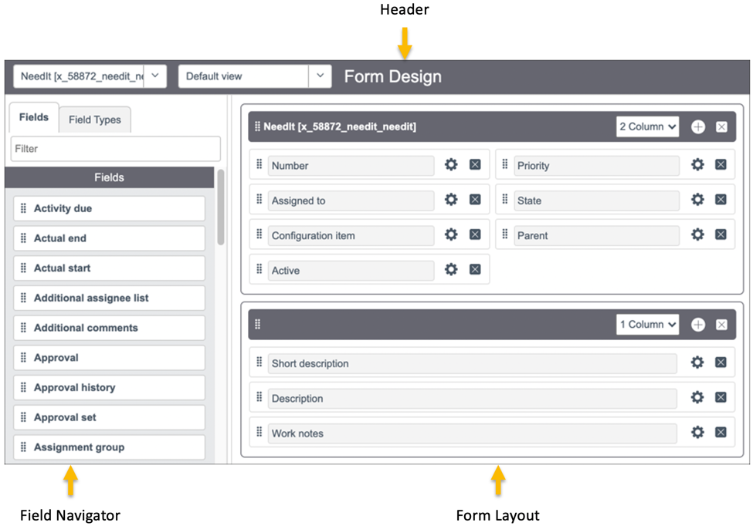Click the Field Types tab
coord(94,120)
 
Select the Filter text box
coord(115,148)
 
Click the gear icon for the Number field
coord(451,165)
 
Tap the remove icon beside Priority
coord(721,164)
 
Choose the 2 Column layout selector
coord(647,126)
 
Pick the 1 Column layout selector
coord(647,325)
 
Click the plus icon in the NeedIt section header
coord(698,127)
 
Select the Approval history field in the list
coord(109,387)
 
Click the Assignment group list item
coord(109,447)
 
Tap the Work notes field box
coord(472,433)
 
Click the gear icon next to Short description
coord(697,362)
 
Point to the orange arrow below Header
coord(405,43)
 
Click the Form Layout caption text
coord(497,515)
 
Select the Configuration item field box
coord(351,235)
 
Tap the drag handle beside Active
coord(259,269)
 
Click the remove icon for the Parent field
coord(721,234)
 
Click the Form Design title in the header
coord(392,76)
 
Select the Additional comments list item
coord(109,328)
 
